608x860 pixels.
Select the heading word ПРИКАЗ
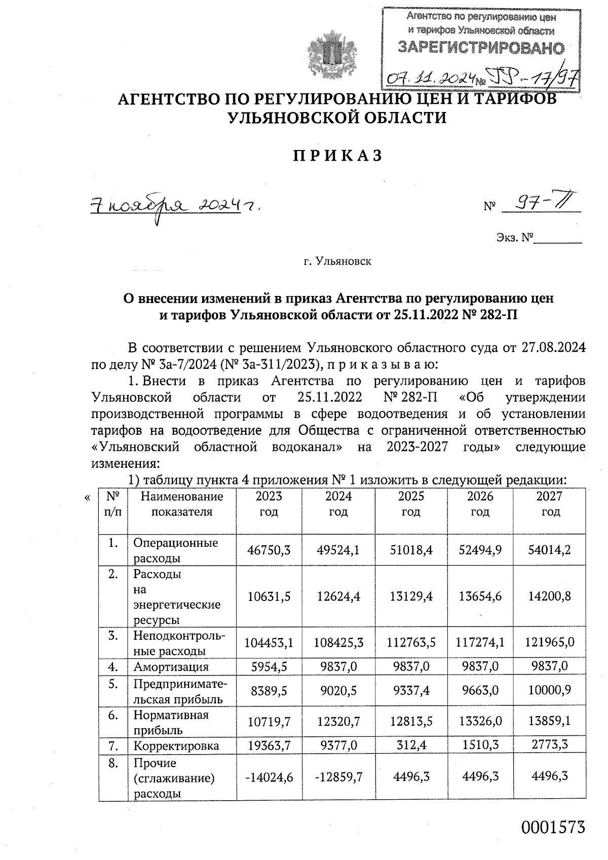point(337,156)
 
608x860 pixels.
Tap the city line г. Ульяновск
point(337,262)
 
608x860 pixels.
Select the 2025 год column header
point(411,504)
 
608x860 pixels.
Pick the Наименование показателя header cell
point(182,504)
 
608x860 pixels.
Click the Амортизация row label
point(171,667)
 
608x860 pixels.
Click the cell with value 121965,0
point(550,643)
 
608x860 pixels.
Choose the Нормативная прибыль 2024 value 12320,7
point(338,722)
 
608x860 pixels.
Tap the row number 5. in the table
point(113,685)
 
